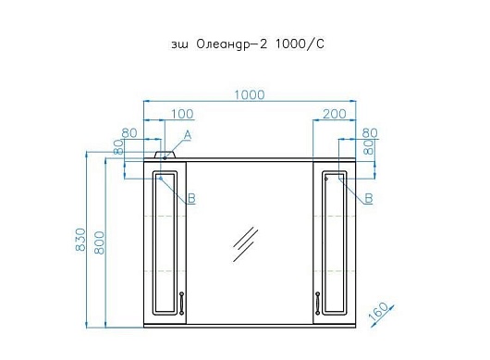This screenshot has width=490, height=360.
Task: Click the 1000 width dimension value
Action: coord(250,94)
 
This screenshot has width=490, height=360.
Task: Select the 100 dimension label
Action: coord(182,114)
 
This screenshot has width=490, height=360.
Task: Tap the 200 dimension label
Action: coord(335,114)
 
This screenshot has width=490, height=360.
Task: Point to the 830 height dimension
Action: coord(80,240)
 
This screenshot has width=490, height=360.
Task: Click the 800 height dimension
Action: coord(99,242)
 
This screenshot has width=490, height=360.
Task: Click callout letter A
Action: coord(187,135)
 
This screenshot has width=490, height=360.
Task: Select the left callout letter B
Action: coord(191,198)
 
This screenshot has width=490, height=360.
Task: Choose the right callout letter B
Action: coord(369,198)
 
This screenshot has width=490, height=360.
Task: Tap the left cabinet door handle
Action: coord(181,303)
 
